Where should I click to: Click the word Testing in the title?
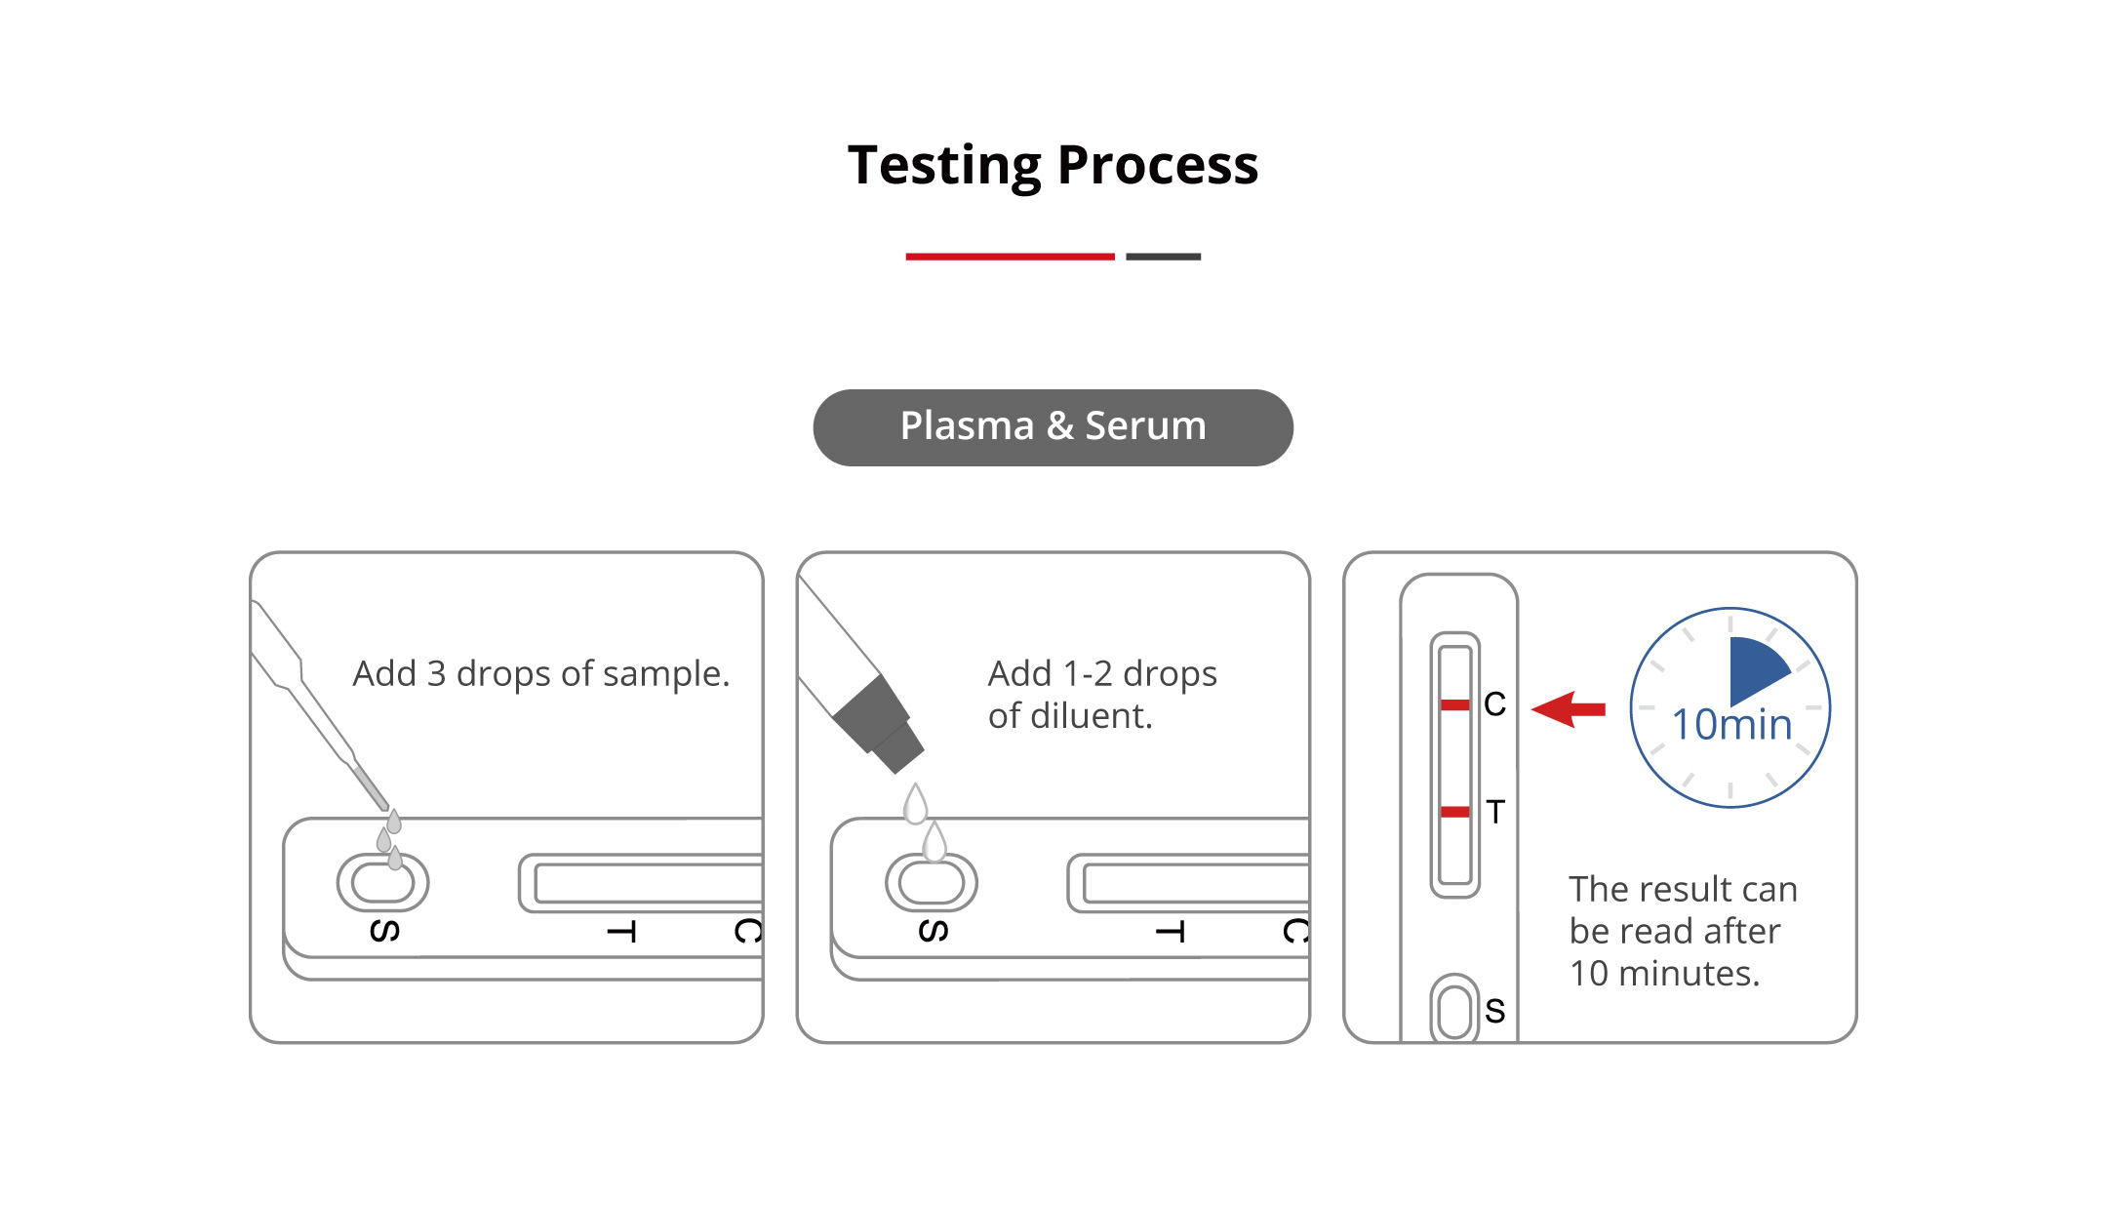pyautogui.click(x=944, y=166)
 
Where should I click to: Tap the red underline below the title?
pyautogui.click(x=1010, y=257)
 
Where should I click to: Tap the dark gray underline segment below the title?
pyautogui.click(x=1163, y=257)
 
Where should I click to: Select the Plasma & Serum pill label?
pyautogui.click(x=1053, y=427)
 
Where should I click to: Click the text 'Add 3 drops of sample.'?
pyautogui.click(x=541, y=673)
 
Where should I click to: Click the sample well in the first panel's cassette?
pyautogui.click(x=382, y=883)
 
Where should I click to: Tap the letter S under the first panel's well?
pyautogui.click(x=384, y=931)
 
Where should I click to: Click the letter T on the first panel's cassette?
pyautogui.click(x=621, y=933)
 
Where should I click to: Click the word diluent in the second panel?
pyautogui.click(x=1093, y=716)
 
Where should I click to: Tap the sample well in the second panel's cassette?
pyautogui.click(x=932, y=883)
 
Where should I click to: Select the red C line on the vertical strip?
pyautogui.click(x=1455, y=704)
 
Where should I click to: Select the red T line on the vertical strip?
pyautogui.click(x=1455, y=812)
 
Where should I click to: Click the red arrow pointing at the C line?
pyautogui.click(x=1569, y=709)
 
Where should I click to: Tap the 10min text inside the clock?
pyautogui.click(x=1731, y=724)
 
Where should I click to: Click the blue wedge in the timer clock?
pyautogui.click(x=1755, y=669)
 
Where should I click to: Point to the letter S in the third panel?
pyautogui.click(x=1495, y=1011)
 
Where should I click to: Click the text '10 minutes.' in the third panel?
pyautogui.click(x=1664, y=973)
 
